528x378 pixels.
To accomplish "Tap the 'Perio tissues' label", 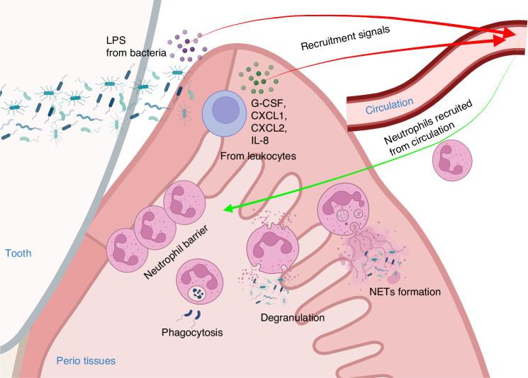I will pyautogui.click(x=86, y=362).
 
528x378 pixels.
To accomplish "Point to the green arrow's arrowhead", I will pyautogui.click(x=226, y=208).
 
